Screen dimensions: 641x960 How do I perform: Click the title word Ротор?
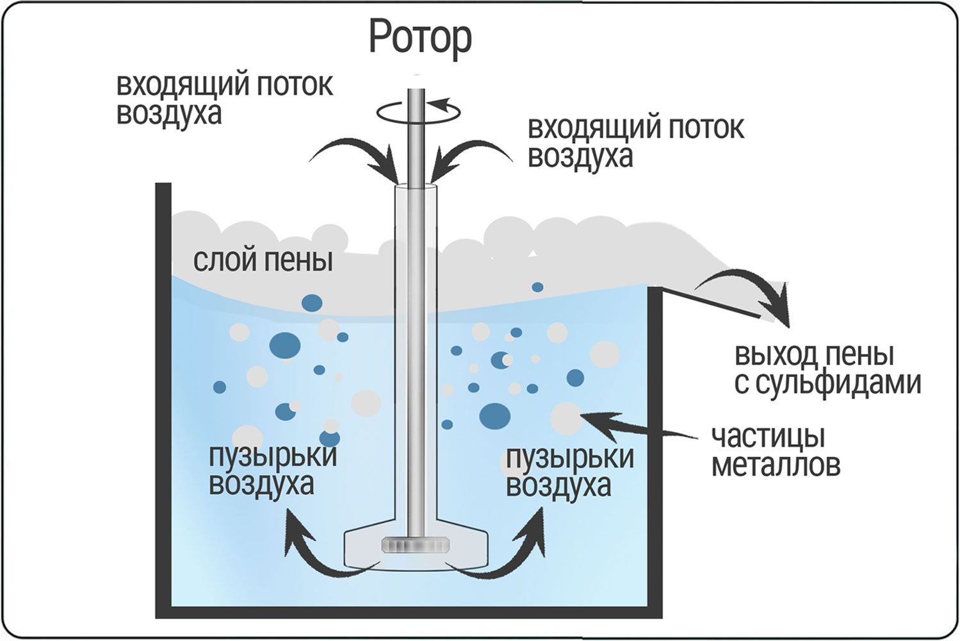click(x=420, y=38)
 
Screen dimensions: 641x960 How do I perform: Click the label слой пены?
click(x=263, y=260)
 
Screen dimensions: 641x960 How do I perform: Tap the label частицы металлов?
click(x=775, y=451)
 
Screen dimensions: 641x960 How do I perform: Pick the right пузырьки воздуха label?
click(x=569, y=471)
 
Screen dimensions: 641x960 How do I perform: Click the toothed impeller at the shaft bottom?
click(x=416, y=545)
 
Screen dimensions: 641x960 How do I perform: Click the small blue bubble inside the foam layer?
click(x=538, y=287)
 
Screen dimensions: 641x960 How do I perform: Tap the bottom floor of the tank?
click(x=410, y=611)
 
